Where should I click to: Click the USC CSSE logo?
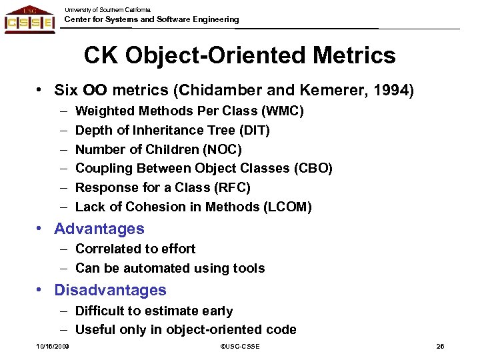(x=29, y=19)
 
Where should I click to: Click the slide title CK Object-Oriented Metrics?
(x=239, y=55)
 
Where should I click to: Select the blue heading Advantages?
(x=99, y=229)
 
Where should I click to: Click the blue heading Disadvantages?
(x=110, y=290)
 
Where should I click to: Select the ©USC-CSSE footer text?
(x=239, y=347)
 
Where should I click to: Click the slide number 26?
(x=440, y=347)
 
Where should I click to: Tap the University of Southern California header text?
(x=107, y=9)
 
